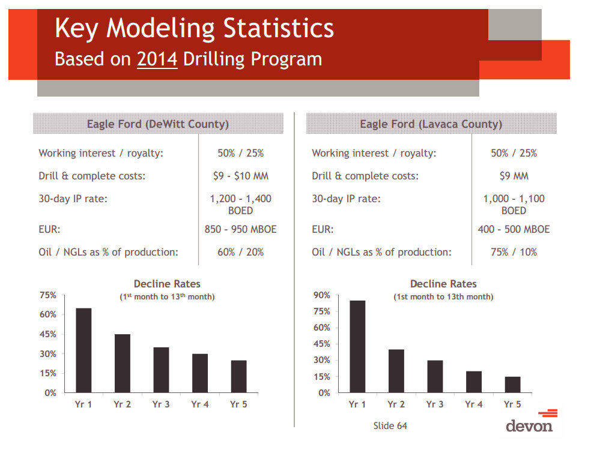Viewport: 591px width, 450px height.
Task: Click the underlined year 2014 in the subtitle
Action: point(157,59)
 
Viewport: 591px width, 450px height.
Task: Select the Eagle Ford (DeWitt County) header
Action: point(157,124)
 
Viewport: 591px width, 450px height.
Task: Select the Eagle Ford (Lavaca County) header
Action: point(431,124)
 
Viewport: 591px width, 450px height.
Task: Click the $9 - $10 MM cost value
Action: point(240,176)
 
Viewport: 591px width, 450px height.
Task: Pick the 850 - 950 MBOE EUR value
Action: point(240,229)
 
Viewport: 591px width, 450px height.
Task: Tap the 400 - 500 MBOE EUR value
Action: point(514,229)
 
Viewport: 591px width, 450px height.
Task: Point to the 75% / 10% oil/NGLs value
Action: point(514,252)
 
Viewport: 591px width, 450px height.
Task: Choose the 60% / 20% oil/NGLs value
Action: point(240,252)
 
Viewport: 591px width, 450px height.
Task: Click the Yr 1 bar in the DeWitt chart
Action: point(83,350)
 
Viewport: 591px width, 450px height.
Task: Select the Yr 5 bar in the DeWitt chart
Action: point(238,376)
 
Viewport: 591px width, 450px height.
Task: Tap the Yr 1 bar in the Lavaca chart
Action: point(357,347)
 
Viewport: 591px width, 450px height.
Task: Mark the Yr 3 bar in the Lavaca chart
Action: point(435,376)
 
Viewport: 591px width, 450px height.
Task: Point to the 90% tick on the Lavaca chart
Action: point(322,295)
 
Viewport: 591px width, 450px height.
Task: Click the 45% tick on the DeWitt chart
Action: point(49,334)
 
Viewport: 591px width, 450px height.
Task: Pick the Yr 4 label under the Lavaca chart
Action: point(473,404)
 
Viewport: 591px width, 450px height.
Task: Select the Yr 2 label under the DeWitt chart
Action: point(122,404)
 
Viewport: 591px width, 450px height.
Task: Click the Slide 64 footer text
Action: point(390,426)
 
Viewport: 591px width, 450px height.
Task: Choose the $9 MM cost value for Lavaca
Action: point(514,176)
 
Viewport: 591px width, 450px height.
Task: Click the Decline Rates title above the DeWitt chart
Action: point(167,284)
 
